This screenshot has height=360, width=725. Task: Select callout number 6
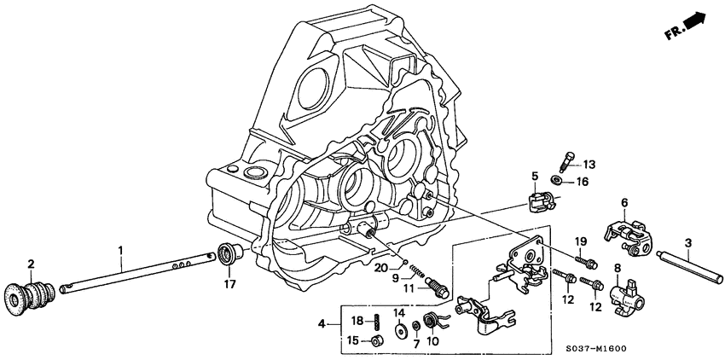623,202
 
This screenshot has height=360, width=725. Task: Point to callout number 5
535,177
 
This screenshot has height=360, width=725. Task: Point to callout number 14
398,313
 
